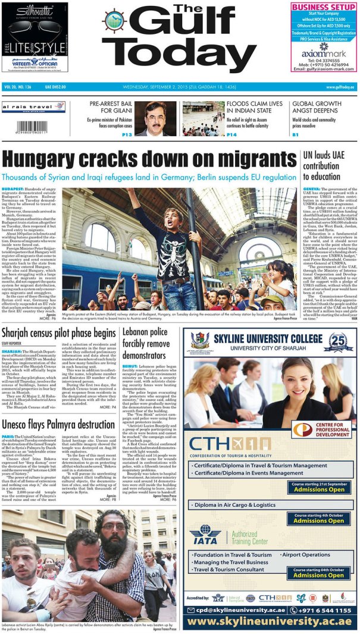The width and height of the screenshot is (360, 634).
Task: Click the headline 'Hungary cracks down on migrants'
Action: click(149, 160)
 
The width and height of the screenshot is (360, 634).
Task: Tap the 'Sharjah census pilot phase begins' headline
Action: click(58, 333)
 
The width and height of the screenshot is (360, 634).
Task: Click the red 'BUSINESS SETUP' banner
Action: click(324, 7)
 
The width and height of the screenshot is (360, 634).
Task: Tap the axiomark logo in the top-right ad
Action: click(324, 51)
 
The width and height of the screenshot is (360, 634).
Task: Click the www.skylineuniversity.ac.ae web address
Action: click(270, 622)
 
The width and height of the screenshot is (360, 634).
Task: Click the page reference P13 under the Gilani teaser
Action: click(127, 135)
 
